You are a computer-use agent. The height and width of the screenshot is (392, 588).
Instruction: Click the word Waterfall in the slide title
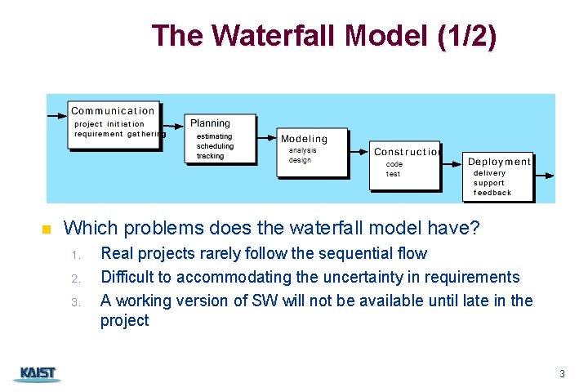pos(274,36)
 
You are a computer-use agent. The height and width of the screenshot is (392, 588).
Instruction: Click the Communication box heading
pos(113,110)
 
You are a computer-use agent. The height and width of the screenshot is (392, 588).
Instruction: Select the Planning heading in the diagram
pos(210,123)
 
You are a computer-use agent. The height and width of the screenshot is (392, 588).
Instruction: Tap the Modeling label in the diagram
pos(304,139)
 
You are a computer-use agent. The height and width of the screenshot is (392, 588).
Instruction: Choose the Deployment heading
pos(498,162)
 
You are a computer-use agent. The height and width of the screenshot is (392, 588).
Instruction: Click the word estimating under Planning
pos(214,136)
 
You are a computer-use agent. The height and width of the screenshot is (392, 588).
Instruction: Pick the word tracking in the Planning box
pos(210,156)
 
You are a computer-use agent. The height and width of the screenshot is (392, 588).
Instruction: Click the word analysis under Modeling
pos(302,150)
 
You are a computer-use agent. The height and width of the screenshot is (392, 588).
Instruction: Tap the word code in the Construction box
pos(394,164)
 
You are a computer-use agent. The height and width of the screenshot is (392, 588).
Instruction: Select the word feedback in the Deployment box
pos(492,193)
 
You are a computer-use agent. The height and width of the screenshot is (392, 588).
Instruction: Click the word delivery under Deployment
pos(489,173)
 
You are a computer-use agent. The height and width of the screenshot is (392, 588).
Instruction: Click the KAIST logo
pos(37,374)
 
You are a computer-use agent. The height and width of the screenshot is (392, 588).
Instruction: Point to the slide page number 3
pos(562,374)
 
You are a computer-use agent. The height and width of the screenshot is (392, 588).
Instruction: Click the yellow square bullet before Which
pos(46,229)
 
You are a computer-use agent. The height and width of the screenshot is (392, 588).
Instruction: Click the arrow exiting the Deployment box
pos(545,174)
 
